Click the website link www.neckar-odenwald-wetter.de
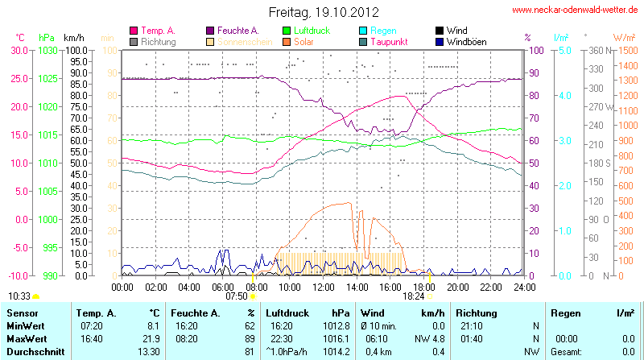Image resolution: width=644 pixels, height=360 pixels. pyautogui.click(x=576, y=10)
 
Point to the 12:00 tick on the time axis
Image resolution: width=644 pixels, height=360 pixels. pyautogui.click(x=323, y=286)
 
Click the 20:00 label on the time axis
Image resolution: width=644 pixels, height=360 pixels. pyautogui.click(x=457, y=286)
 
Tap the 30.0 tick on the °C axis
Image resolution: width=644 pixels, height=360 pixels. pyautogui.click(x=16, y=50)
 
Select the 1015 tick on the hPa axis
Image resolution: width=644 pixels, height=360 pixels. pyautogui.click(x=47, y=134)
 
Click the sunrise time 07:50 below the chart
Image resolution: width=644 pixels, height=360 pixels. pyautogui.click(x=237, y=296)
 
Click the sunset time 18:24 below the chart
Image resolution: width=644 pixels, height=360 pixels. pyautogui.click(x=413, y=296)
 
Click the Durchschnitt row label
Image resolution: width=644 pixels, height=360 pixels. pyautogui.click(x=35, y=351)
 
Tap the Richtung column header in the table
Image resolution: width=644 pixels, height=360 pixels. pyautogui.click(x=477, y=312)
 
